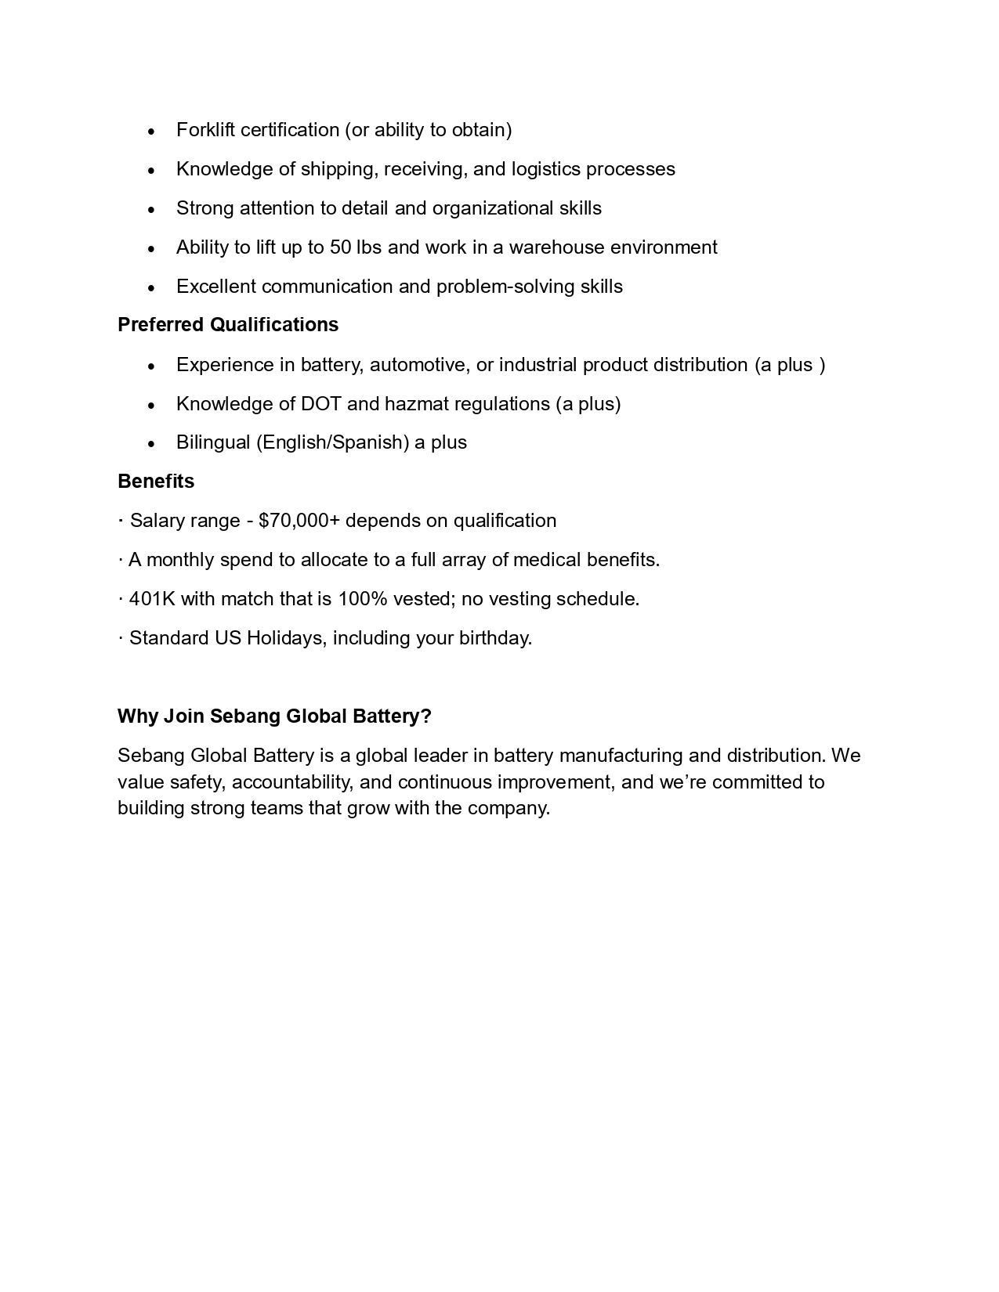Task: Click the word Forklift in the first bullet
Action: point(205,130)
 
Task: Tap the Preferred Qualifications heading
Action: point(228,325)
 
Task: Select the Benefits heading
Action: point(156,482)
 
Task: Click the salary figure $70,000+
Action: point(299,521)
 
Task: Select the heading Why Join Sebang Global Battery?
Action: point(274,716)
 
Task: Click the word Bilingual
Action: point(213,442)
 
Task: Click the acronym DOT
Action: point(320,404)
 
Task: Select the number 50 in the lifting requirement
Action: point(340,247)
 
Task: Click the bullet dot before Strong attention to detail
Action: point(151,210)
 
